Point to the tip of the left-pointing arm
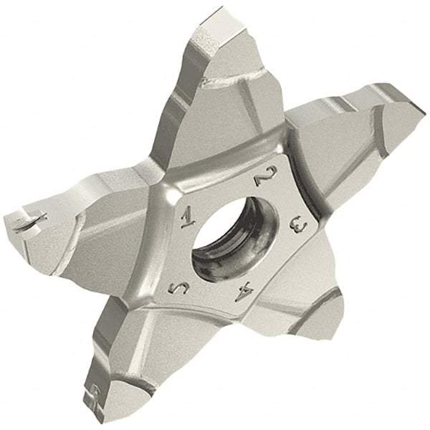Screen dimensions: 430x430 click(18, 215)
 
